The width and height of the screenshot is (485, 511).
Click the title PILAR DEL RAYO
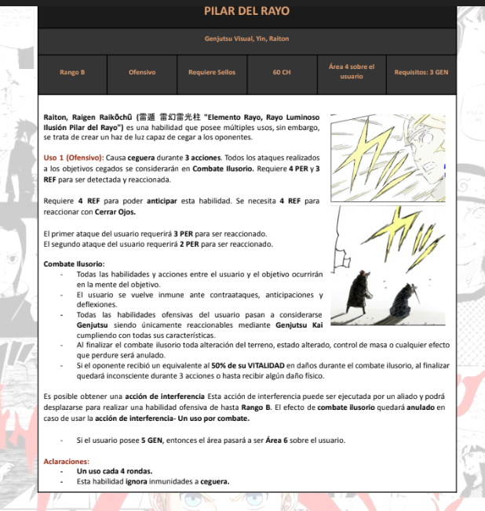[246, 11]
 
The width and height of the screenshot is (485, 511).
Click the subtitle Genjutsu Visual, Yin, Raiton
[246, 39]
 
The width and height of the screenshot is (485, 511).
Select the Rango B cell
[72, 72]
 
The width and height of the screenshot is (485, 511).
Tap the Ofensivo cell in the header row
[142, 72]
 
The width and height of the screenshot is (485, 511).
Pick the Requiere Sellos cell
[212, 72]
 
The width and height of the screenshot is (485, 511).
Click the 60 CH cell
[282, 72]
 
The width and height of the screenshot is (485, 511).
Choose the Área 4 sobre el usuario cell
[352, 71]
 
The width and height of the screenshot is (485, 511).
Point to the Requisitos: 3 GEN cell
[421, 72]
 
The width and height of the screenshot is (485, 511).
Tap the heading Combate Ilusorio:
[74, 264]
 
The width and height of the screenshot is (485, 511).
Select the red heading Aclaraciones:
[67, 462]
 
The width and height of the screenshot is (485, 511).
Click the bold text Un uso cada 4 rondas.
[109, 471]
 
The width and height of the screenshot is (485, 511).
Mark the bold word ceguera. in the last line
[214, 481]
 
